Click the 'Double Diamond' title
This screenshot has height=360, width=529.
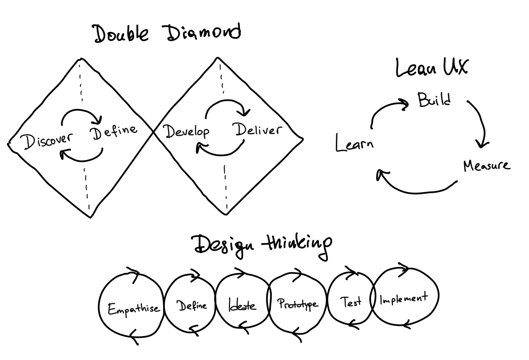tap(167, 33)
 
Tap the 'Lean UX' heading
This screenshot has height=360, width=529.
tap(431, 68)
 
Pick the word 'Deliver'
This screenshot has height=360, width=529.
tap(259, 130)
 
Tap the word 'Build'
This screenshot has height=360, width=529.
tap(433, 100)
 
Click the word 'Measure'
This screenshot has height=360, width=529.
tap(486, 165)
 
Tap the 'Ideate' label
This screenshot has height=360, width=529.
tap(242, 306)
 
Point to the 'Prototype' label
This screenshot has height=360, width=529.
tap(298, 304)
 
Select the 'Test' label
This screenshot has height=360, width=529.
tap(351, 302)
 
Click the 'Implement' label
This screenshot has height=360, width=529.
tap(403, 298)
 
